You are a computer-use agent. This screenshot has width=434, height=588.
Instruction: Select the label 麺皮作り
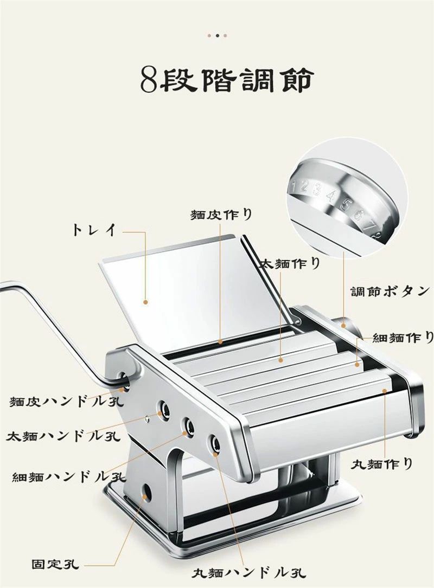pyautogui.click(x=221, y=214)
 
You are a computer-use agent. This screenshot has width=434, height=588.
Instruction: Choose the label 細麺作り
pyautogui.click(x=403, y=338)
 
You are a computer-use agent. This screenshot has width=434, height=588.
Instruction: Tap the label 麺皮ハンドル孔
pyautogui.click(x=67, y=402)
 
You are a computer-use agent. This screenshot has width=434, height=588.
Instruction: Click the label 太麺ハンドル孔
pyautogui.click(x=63, y=436)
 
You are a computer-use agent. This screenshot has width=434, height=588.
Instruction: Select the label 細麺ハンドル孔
pyautogui.click(x=69, y=476)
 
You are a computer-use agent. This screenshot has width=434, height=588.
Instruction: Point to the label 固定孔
pyautogui.click(x=55, y=564)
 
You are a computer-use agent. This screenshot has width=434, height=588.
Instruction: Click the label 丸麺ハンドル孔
pyautogui.click(x=249, y=572)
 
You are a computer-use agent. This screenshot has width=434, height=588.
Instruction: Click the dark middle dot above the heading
pyautogui.click(x=217, y=36)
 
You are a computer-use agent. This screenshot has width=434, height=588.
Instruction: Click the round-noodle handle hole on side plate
pyautogui.click(x=215, y=445)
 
